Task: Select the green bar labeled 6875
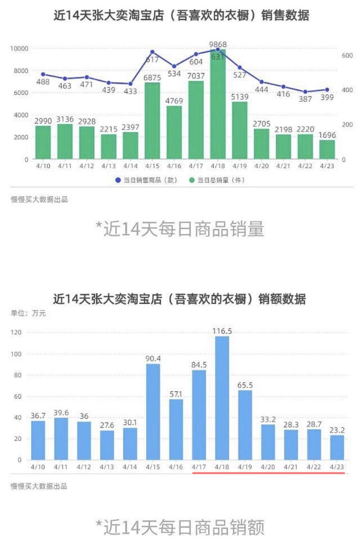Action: pos(152,120)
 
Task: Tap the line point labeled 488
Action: pos(43,74)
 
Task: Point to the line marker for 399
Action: pos(327,90)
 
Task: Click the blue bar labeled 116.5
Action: pos(222,398)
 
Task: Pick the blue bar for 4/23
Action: pos(337,447)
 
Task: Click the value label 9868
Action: pos(218,44)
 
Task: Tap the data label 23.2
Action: pos(337,430)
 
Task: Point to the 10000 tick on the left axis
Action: pos(19,48)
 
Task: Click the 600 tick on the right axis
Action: pos(347,55)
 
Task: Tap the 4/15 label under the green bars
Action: pos(152,166)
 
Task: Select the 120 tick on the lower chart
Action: pos(16,332)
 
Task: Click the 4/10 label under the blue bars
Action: pos(38,467)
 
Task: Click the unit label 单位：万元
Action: pos(28,313)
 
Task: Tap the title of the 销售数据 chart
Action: pos(181,15)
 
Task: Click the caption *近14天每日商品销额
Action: pos(180,527)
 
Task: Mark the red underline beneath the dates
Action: pos(268,473)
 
